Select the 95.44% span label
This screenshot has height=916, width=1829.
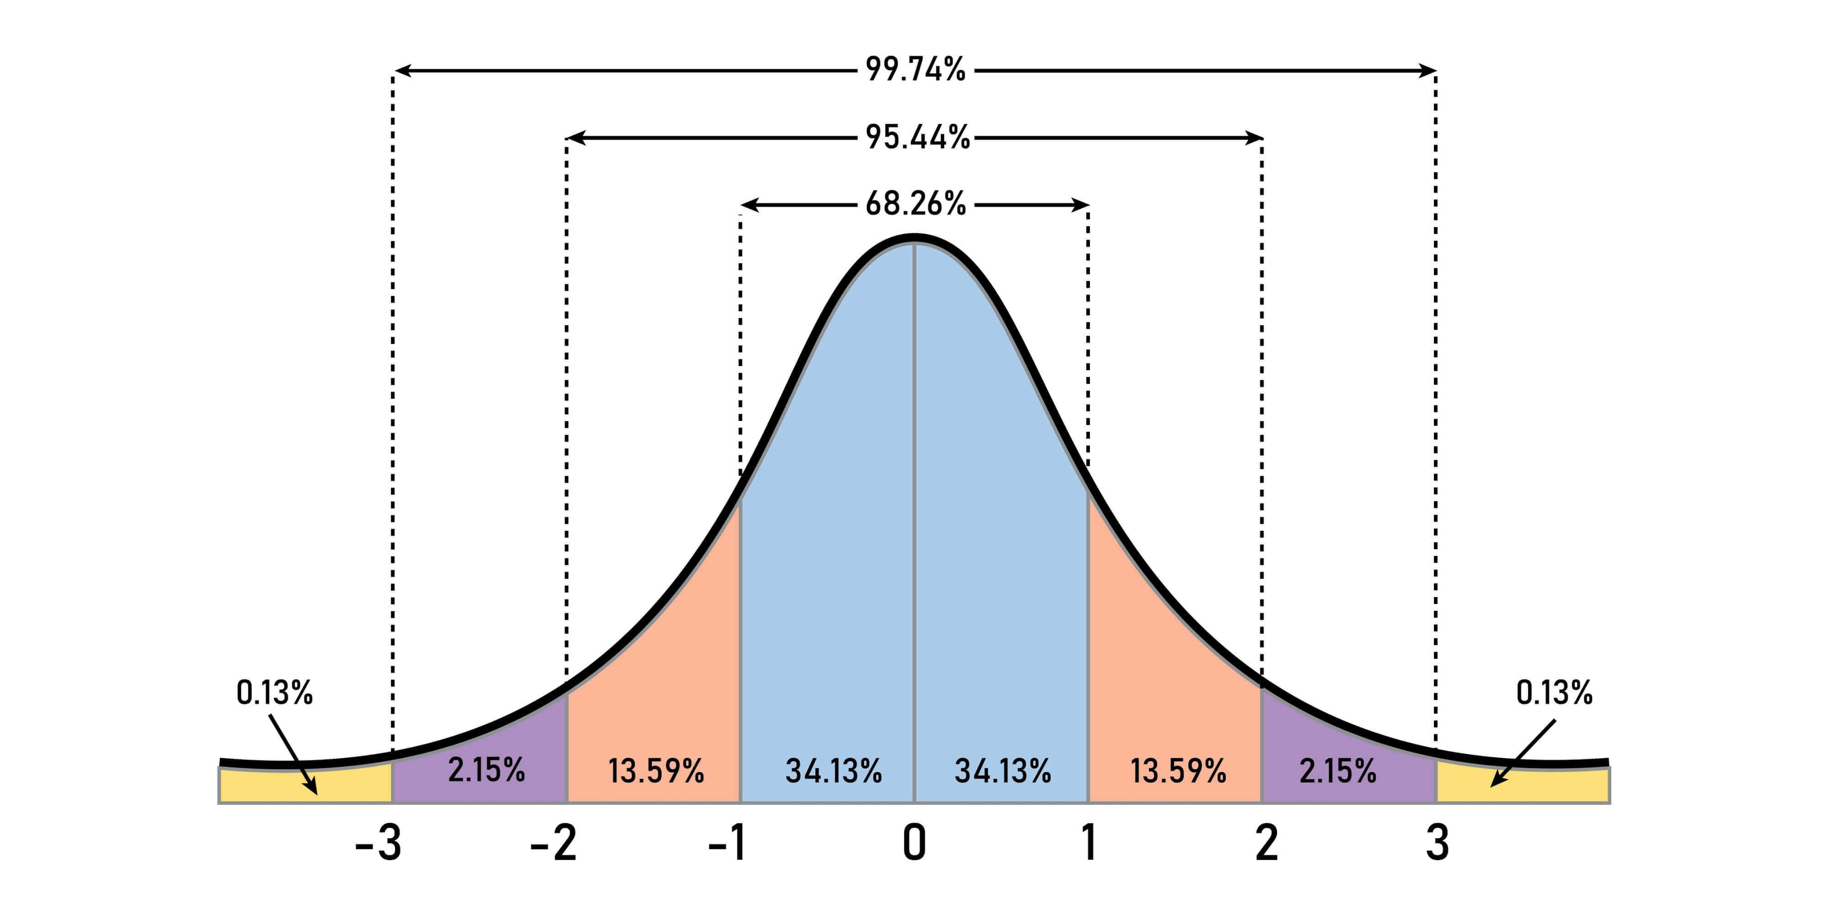[x=917, y=137]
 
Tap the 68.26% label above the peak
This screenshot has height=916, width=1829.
[x=915, y=205]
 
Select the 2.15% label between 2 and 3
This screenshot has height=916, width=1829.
[x=1338, y=771]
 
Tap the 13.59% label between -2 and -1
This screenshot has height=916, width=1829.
[x=656, y=771]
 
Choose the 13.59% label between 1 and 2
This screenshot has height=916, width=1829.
[x=1178, y=771]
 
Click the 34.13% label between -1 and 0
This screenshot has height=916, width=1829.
[x=834, y=771]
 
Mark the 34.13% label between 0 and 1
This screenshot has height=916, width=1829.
[x=1003, y=771]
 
